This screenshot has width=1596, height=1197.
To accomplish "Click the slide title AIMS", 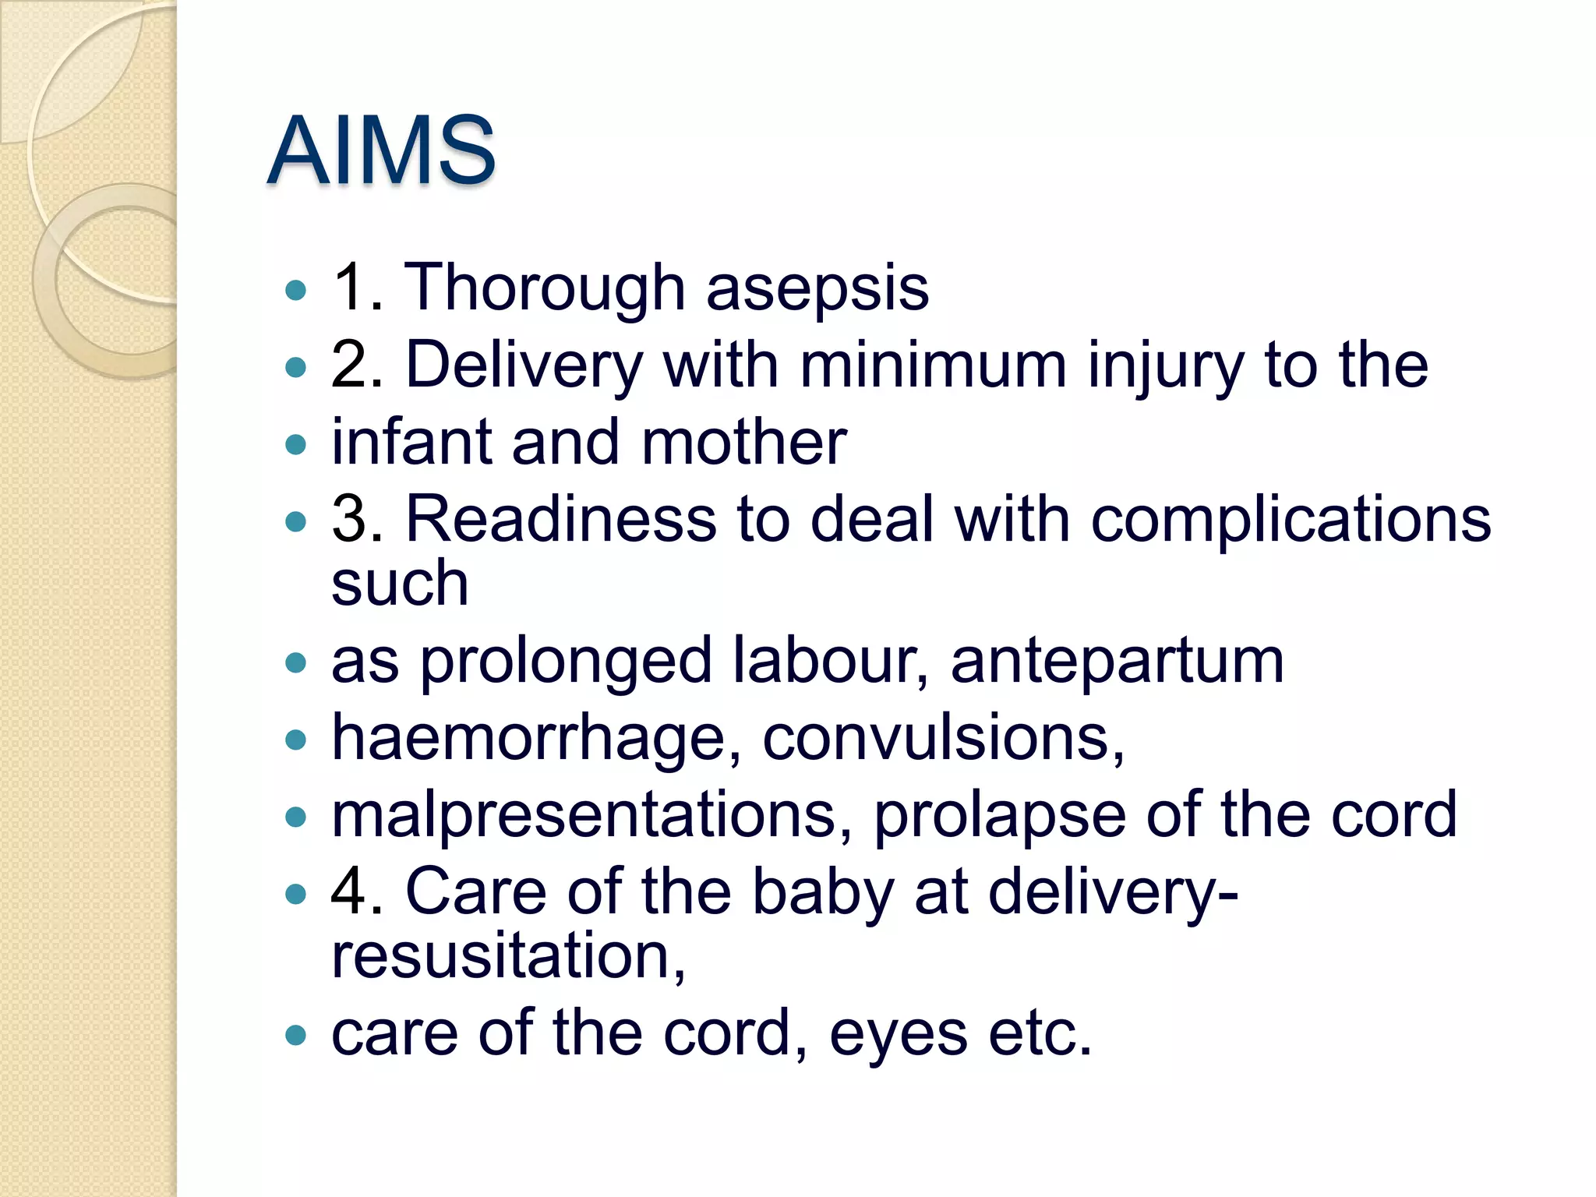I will pos(381,150).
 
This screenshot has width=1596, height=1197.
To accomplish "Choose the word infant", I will pos(412,442).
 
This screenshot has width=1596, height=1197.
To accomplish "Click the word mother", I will pos(744,442).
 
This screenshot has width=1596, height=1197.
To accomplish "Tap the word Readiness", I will pos(560,519).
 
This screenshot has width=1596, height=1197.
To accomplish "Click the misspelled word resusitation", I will pos(508,956).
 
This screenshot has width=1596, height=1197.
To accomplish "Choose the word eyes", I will pos(899,1035).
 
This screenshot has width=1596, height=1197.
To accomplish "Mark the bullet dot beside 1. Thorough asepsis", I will pos(296,291).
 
